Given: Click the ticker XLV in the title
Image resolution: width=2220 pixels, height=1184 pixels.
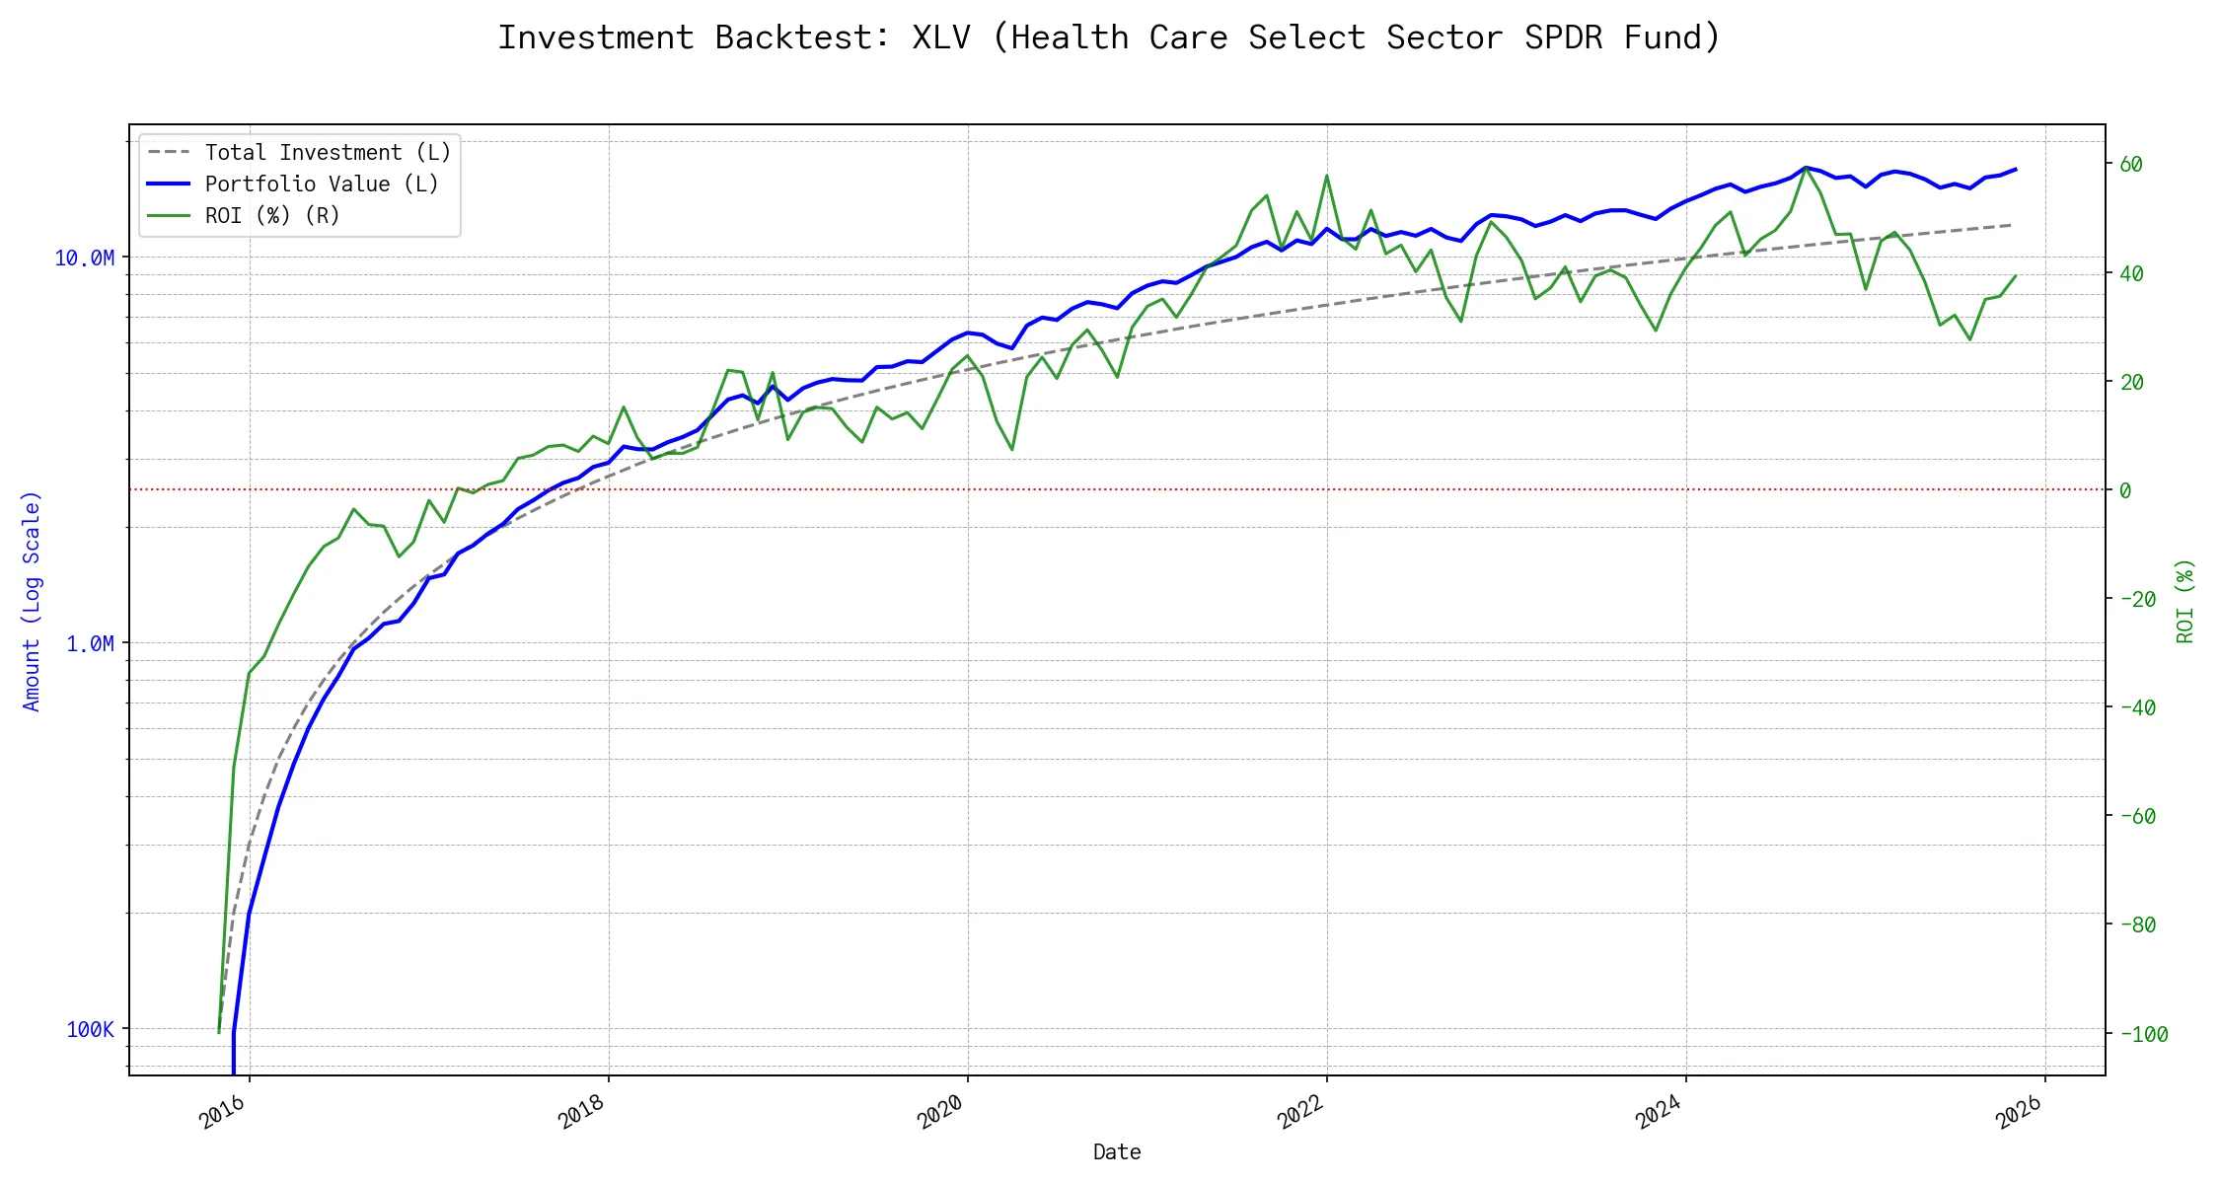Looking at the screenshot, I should pyautogui.click(x=940, y=37).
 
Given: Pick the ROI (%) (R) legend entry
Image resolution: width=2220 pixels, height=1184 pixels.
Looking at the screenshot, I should pyautogui.click(x=271, y=216).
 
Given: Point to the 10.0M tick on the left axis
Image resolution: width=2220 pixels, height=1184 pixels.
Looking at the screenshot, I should pyautogui.click(x=84, y=259).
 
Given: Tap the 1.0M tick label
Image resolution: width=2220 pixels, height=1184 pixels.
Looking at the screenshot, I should pyautogui.click(x=90, y=644).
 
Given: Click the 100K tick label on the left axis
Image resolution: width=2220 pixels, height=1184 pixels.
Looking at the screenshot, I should pyautogui.click(x=90, y=1030).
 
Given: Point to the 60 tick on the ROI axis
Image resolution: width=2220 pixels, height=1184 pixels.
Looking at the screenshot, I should pyautogui.click(x=2131, y=165).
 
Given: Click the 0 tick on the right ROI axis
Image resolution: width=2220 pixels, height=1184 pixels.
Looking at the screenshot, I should pyautogui.click(x=2125, y=490).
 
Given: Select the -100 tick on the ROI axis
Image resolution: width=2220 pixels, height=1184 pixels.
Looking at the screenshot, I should pyautogui.click(x=2143, y=1034).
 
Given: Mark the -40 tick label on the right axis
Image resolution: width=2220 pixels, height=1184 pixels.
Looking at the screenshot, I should pyautogui.click(x=2137, y=707).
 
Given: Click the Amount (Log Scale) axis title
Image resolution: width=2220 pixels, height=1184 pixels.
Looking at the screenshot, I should pyautogui.click(x=32, y=601).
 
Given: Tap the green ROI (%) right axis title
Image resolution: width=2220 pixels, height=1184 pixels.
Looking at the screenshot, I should pyautogui.click(x=2185, y=601).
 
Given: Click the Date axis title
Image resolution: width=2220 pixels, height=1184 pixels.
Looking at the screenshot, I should pyautogui.click(x=1117, y=1152).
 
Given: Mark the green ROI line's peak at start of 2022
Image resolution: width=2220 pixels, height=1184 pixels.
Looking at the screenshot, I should pyautogui.click(x=1327, y=176).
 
